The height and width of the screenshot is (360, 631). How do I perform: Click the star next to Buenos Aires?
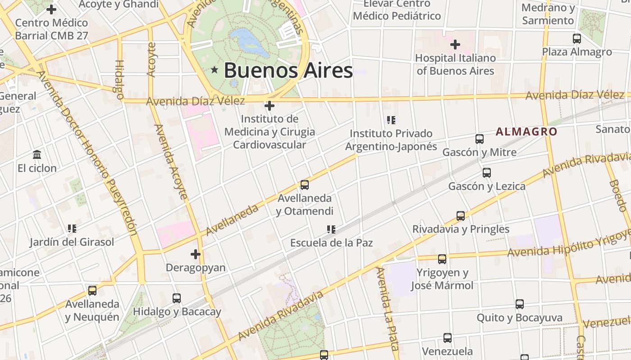point(215,70)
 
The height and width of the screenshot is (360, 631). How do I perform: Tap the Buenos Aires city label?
point(288,71)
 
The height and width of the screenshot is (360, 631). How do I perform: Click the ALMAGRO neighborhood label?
point(526,132)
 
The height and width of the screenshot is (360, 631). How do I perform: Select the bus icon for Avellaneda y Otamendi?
point(305,185)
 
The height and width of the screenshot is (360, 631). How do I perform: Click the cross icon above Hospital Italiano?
point(455,45)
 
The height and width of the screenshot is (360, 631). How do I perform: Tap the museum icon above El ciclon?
point(37,155)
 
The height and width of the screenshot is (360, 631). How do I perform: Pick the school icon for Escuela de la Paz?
point(331,229)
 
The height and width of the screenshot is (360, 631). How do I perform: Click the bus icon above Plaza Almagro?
point(577,39)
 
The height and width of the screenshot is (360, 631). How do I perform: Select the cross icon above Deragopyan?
point(195,255)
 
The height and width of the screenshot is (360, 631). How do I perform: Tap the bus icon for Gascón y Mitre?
point(480,139)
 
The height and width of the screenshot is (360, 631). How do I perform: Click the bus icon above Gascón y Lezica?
point(487,173)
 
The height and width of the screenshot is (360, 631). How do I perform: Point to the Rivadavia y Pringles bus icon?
point(461,216)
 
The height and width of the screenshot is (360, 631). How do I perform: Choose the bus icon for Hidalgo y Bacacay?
point(177,298)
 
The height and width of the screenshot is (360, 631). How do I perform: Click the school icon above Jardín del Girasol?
point(72,229)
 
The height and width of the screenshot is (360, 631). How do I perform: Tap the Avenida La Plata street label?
point(387,309)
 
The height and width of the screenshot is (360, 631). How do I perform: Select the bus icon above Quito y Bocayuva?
point(520,304)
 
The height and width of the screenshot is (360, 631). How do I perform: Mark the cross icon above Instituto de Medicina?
point(270,106)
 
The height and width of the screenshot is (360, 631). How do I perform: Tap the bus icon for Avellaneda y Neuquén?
point(92,291)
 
